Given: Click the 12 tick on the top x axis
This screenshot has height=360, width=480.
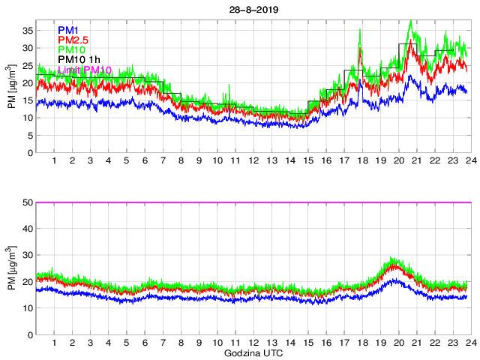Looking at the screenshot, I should [253, 160].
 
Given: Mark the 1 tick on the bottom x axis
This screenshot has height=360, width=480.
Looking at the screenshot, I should [55, 343].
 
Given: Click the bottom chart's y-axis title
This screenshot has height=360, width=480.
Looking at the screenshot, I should [11, 268].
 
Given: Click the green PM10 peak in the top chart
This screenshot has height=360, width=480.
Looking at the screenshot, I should [410, 22].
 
